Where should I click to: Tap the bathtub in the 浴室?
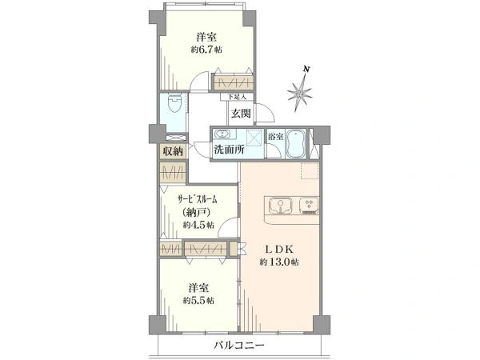(x=295, y=144)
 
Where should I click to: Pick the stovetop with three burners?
(x=309, y=205)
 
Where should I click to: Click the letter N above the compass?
(x=306, y=69)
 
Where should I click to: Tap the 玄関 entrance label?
(x=241, y=114)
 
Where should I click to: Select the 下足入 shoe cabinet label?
(x=238, y=97)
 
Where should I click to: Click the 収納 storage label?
(x=173, y=151)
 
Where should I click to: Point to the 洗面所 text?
(x=229, y=150)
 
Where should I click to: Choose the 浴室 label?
(x=275, y=137)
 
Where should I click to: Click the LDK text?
(x=279, y=249)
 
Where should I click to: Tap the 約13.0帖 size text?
(x=279, y=262)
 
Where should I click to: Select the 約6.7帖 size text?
(x=206, y=50)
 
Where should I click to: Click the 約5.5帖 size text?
(x=198, y=300)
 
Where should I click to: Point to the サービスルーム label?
(x=198, y=199)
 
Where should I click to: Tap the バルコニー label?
(x=238, y=346)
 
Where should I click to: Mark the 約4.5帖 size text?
(x=198, y=226)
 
